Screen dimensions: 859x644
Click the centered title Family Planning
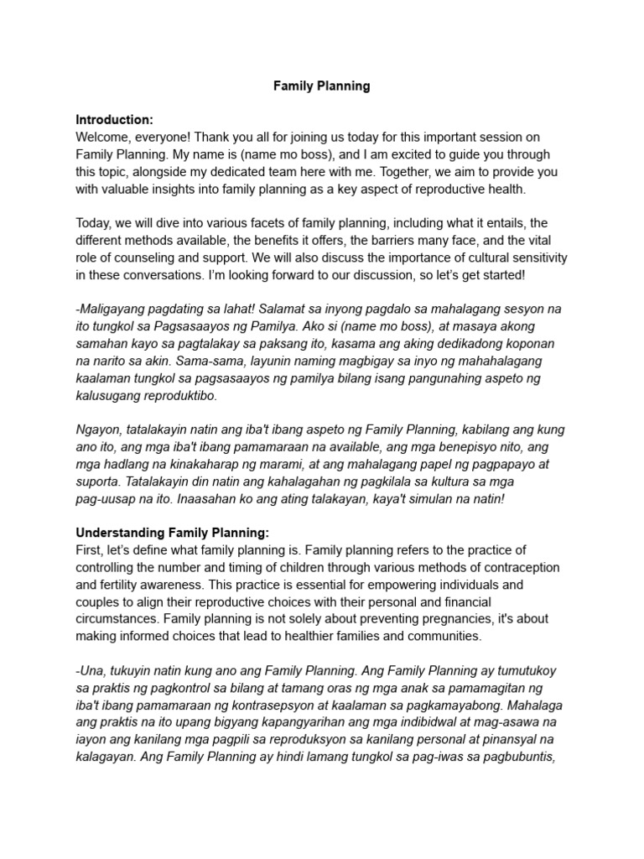321,86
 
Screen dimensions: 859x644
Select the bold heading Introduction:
114,120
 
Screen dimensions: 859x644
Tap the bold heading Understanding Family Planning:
172,533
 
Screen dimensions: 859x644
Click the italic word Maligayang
116,310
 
